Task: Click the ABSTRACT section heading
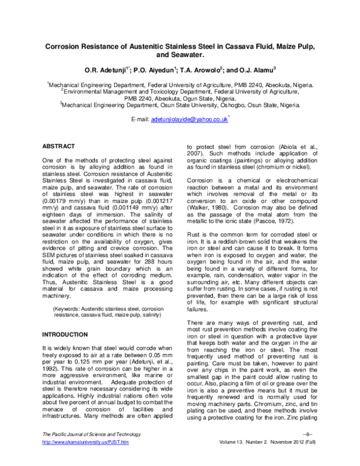point(58,147)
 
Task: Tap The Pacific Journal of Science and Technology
point(88,450)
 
